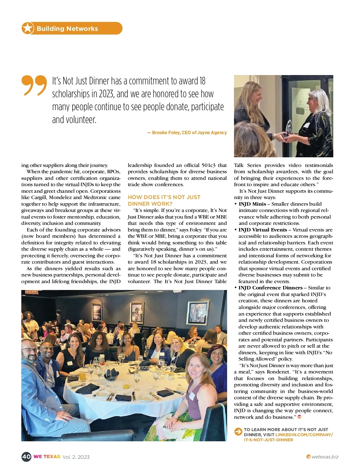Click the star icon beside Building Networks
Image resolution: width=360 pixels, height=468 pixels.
tap(28, 28)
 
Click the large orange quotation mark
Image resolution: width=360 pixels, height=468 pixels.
tap(34, 85)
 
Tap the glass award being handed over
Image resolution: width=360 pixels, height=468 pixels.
tap(289, 128)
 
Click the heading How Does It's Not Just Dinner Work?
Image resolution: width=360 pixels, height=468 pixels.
tap(164, 200)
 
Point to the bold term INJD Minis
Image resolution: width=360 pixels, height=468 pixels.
tap(252, 204)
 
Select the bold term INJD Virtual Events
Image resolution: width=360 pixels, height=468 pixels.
tap(263, 230)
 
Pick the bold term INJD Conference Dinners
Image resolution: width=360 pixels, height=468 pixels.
tap(270, 288)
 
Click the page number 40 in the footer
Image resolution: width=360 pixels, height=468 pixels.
tap(26, 457)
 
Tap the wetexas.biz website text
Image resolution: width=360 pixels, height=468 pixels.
tap(325, 457)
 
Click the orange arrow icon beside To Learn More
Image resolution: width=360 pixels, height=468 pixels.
tap(238, 432)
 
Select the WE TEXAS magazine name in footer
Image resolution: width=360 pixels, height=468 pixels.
tap(47, 457)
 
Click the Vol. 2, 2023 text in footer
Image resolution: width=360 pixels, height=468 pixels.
tap(76, 457)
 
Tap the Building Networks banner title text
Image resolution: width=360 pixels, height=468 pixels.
tap(67, 29)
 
